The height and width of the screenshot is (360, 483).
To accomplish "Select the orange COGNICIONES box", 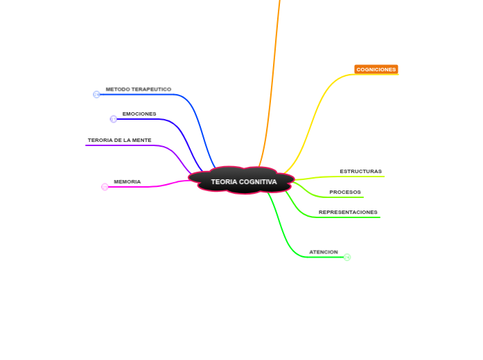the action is tap(376, 70).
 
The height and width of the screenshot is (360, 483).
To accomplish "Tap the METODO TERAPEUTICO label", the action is tap(138, 89).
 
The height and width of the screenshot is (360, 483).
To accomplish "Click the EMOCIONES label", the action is tap(139, 114).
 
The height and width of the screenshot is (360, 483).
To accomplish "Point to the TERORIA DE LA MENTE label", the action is tap(119, 140).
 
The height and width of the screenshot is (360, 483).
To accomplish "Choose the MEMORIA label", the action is tap(128, 181).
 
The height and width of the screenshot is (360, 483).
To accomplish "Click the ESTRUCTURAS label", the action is tap(360, 171).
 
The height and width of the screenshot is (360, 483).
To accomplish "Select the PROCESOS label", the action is tap(344, 192).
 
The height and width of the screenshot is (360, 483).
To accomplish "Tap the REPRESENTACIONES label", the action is tap(348, 212).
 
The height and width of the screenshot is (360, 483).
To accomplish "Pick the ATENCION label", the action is tap(323, 252).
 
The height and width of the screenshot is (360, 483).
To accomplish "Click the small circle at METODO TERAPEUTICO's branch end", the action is tap(96, 94).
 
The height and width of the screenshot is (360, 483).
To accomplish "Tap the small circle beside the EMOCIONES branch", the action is tap(114, 119).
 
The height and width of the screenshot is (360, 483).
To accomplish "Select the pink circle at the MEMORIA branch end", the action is tap(105, 187).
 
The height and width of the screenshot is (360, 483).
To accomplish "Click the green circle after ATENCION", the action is tap(347, 257).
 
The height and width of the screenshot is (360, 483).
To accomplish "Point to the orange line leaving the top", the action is tap(273, 69).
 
